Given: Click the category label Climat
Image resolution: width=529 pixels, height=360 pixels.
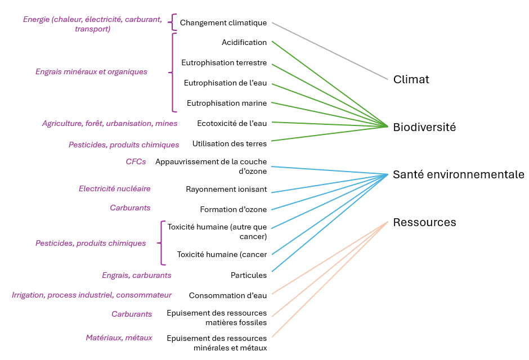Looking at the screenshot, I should pos(411,79).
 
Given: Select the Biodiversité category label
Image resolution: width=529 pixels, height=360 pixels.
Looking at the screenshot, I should pos(424,127).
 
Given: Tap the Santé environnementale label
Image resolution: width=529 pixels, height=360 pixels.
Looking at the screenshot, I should pos(458,174).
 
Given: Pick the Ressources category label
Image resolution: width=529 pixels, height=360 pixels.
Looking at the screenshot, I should pos(424,222).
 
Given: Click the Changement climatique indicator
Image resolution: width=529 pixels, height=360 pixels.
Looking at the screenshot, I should pos(223,23).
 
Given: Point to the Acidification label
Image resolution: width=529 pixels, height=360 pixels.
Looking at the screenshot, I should pos(244,42).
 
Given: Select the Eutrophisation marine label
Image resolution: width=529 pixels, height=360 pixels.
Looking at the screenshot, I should pos(227,103).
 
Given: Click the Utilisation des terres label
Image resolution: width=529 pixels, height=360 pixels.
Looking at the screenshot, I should pos(229,143).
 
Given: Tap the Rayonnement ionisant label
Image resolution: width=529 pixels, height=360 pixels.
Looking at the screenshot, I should pos(226,190).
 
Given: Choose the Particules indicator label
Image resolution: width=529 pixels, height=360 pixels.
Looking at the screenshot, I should pos(249,275).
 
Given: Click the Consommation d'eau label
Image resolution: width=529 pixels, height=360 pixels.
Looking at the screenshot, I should pos(227,295).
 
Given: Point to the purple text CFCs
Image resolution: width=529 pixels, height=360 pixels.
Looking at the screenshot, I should pos(136,161).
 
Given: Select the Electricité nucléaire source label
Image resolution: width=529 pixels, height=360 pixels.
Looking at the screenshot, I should pos(115,188).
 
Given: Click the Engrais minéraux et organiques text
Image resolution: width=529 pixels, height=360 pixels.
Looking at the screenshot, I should pos(91,71).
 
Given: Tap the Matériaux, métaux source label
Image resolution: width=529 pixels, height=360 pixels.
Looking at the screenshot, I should pos(119,337).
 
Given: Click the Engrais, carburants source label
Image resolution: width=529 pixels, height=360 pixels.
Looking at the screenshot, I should pos(137,275).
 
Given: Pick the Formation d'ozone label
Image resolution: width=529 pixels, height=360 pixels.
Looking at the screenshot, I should pos(233,210).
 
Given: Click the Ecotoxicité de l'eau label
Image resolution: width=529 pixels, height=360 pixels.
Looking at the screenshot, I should pos(232,123).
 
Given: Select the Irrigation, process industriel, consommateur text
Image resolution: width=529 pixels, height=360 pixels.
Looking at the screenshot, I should pos(92,295).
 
